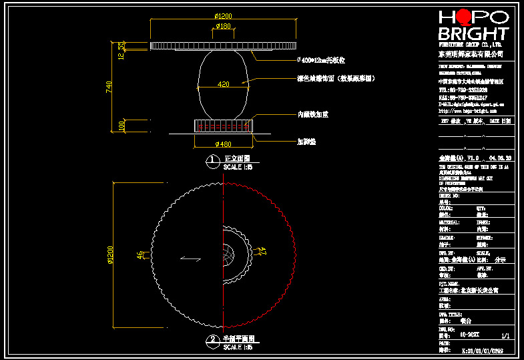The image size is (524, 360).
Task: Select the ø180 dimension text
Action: [222, 27]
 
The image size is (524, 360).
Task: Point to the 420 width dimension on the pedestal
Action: [224, 84]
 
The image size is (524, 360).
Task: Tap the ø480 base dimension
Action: [223, 144]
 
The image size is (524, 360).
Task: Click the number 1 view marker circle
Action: [212, 160]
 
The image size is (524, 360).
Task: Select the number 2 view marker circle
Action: [212, 340]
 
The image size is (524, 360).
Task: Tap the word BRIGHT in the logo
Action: [473, 33]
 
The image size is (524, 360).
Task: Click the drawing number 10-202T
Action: [471, 335]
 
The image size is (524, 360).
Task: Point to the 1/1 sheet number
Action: [505, 335]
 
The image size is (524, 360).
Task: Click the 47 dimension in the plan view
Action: [262, 252]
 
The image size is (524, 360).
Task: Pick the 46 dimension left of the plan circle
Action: [140, 254]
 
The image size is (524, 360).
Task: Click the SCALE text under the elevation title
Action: [238, 166]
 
